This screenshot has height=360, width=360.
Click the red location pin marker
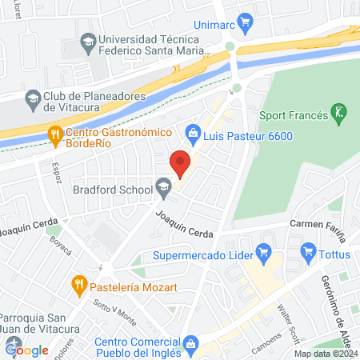181,164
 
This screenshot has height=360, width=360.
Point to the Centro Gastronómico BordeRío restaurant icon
54,134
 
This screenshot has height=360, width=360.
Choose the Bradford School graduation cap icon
163,189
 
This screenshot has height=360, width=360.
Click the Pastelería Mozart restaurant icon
78,283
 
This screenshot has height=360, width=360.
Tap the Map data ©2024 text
324,354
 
